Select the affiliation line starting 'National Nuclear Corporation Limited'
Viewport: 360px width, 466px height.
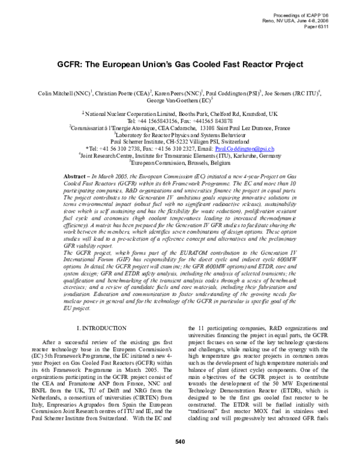180,113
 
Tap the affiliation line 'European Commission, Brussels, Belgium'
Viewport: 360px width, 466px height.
180,162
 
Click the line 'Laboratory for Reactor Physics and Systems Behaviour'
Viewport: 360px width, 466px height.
180,135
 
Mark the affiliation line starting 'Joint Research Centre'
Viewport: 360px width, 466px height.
180,155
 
